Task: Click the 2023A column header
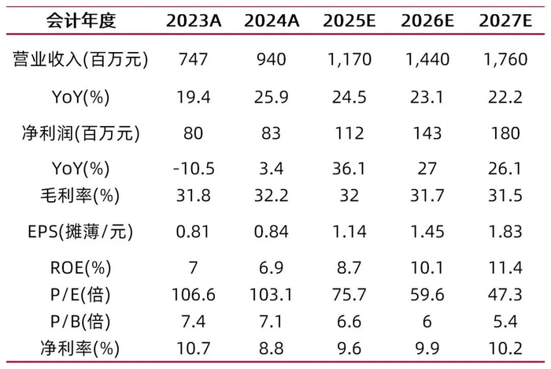coord(193,21)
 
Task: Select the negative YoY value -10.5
coord(193,169)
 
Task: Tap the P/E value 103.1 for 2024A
coord(271,294)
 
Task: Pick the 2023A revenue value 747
coord(193,60)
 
